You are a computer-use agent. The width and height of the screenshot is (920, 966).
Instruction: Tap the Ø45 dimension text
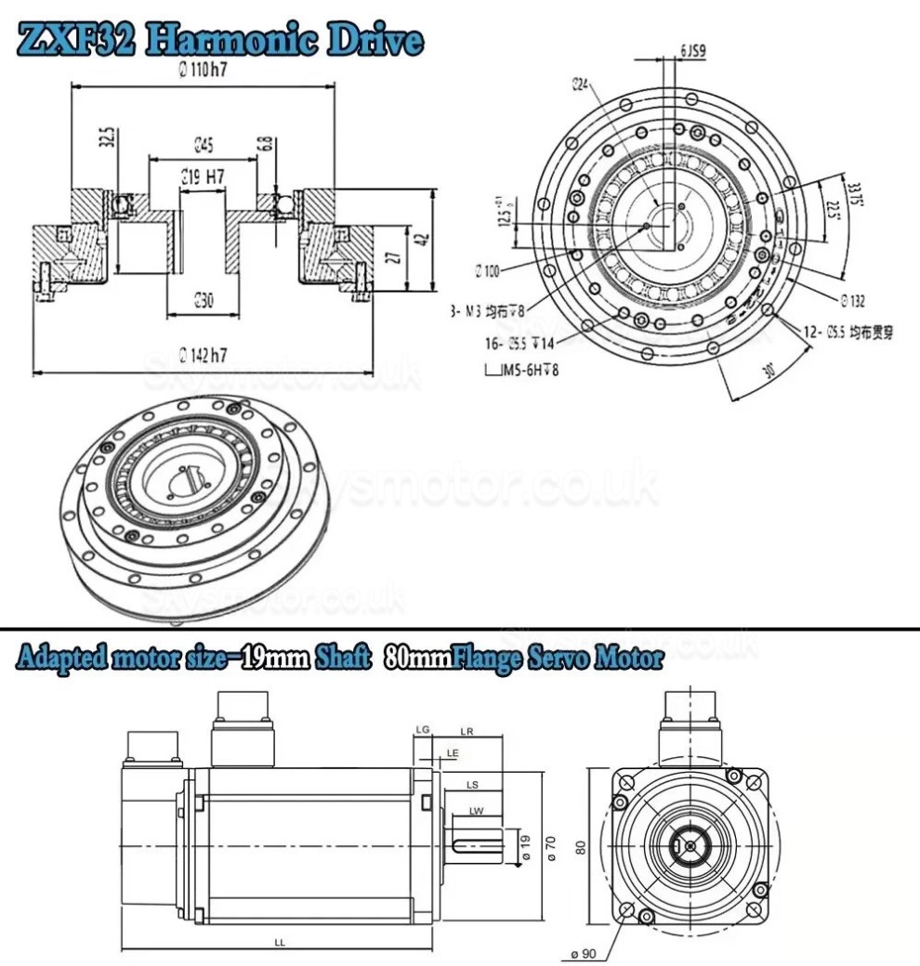point(204,144)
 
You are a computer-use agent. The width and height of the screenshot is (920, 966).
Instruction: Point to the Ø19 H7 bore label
point(204,175)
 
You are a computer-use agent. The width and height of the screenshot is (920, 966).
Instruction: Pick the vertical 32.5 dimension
point(109,139)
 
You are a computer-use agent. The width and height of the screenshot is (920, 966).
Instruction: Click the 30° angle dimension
point(769,369)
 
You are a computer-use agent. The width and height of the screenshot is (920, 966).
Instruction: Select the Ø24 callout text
point(581,85)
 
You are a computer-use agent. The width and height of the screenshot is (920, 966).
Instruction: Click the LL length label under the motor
point(279,942)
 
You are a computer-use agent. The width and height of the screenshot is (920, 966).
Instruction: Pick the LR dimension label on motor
point(467,732)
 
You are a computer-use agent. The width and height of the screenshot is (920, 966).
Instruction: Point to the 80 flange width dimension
point(581,847)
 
